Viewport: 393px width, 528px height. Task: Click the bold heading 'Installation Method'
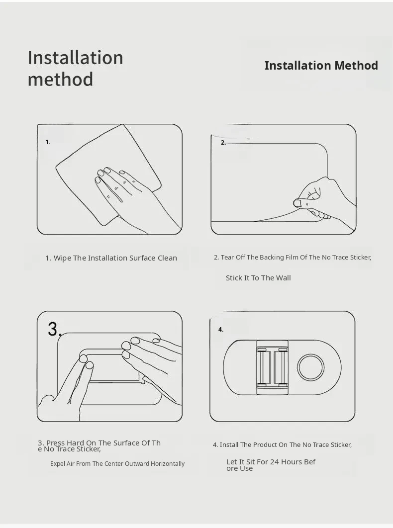point(321,65)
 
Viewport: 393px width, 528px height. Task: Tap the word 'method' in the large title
point(60,80)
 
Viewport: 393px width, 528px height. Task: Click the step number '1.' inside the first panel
point(48,142)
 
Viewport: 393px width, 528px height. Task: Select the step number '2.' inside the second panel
point(223,143)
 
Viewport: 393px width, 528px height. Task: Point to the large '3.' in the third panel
point(55,329)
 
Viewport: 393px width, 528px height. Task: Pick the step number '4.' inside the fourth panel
point(221,329)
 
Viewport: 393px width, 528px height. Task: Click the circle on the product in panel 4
point(311,367)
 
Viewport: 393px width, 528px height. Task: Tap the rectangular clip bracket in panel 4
point(272,367)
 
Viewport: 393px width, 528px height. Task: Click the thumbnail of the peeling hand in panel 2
point(297,203)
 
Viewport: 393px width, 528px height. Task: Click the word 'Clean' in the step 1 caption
point(167,258)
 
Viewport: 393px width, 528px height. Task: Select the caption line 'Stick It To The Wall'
point(258,278)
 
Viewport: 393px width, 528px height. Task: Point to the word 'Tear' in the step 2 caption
point(227,257)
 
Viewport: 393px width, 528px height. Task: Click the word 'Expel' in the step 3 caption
point(58,464)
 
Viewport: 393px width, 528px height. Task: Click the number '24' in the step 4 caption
point(275,462)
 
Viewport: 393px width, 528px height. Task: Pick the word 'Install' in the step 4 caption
point(229,445)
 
